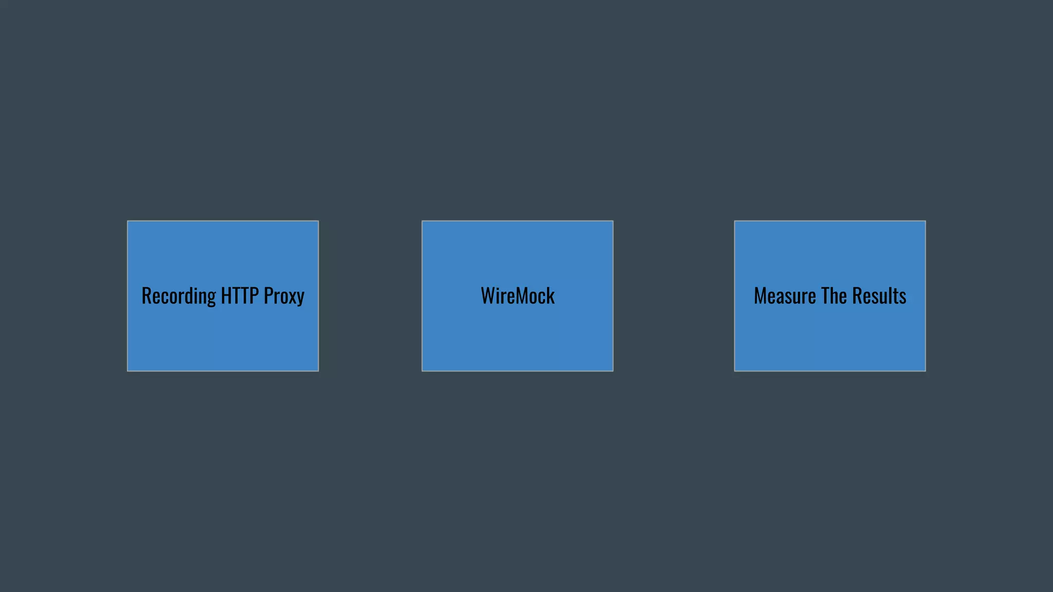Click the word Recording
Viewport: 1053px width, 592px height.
(178, 297)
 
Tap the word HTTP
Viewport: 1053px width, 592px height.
(240, 296)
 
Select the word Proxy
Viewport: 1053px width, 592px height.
(284, 297)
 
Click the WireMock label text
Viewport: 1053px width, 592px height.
(517, 296)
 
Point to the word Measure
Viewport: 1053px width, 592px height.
(785, 296)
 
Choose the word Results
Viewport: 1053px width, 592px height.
(879, 296)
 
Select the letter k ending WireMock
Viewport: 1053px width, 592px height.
(551, 296)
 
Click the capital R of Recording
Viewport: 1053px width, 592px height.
(146, 296)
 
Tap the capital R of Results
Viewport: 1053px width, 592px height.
(857, 296)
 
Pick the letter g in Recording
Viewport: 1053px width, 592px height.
(211, 298)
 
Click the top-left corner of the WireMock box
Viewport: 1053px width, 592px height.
(422, 221)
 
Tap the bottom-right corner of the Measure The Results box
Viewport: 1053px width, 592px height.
(925, 371)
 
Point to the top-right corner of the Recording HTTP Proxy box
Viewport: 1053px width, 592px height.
(318, 221)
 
